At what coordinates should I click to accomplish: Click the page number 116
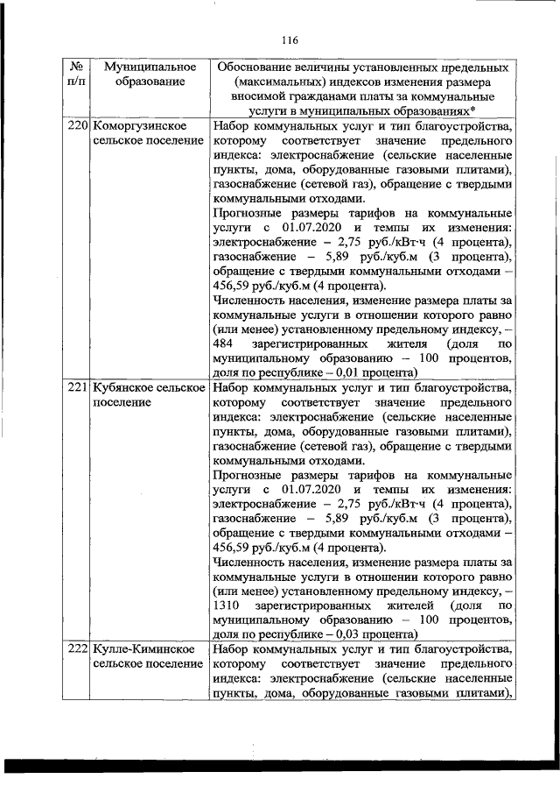pos(291,39)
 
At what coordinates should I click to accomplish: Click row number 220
pos(78,126)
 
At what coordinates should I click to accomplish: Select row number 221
pos(78,386)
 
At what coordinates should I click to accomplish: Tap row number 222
pos(78,648)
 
